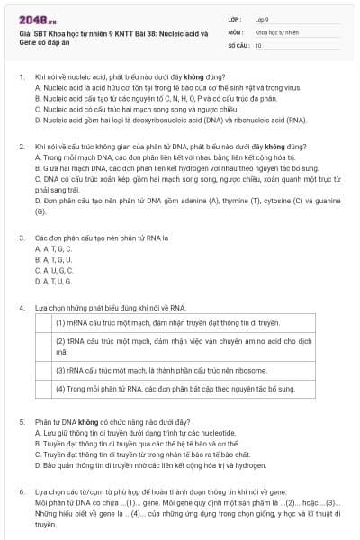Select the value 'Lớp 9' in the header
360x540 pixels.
pos(262,18)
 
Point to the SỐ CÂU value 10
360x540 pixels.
pos(258,44)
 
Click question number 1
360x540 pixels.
pos(22,77)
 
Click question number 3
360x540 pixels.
pos(22,238)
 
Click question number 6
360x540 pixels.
pos(22,492)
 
